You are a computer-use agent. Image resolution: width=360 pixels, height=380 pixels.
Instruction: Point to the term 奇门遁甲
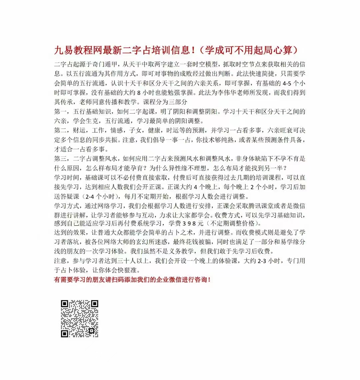[x=124, y=64]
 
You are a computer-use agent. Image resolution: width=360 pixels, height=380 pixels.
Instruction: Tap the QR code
[x=79, y=319]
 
